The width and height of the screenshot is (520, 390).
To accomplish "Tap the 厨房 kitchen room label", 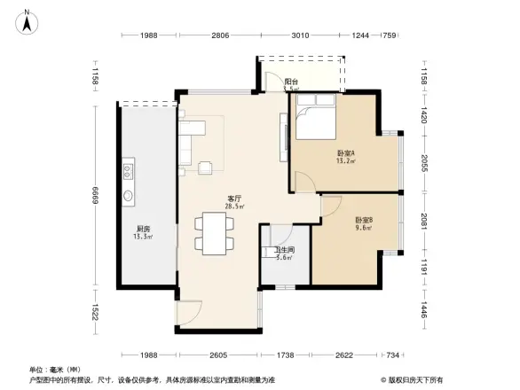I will (x=142, y=229).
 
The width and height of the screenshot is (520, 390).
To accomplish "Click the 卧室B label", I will (x=363, y=220).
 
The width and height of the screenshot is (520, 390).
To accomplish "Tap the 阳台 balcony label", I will (x=291, y=82).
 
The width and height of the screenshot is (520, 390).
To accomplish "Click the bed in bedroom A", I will (x=314, y=122).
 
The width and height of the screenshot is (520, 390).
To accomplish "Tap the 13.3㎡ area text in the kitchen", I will (x=142, y=237).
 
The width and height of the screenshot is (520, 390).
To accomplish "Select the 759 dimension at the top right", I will (x=389, y=36).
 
